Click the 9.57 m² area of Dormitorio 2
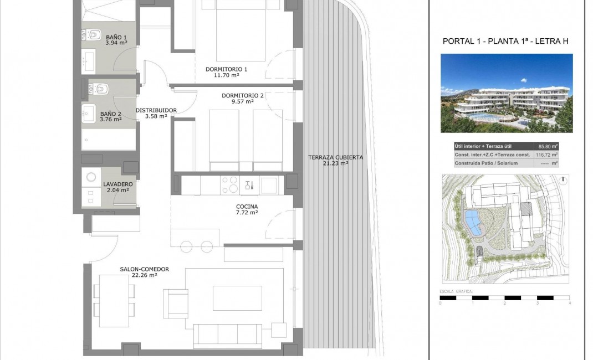coord(242,101)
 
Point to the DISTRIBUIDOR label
coord(156,110)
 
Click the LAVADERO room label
coord(117,183)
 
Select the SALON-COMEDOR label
coord(144,269)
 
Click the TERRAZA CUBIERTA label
coord(335,157)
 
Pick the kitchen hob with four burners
coord(229,184)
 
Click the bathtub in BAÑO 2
coord(109,140)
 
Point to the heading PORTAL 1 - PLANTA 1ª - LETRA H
coord(506,42)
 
